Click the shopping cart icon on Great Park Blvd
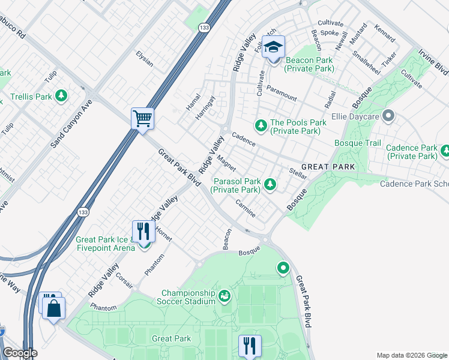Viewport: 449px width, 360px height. [143, 118]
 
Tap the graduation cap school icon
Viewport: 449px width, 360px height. [274, 47]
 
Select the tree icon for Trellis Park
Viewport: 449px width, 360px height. [61, 95]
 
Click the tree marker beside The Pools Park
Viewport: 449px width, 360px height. [261, 124]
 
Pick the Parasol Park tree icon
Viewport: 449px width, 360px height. [270, 184]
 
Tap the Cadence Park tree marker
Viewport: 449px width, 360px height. [445, 150]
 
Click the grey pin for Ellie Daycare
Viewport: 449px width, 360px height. [388, 114]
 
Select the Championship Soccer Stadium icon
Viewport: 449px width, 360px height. [224, 295]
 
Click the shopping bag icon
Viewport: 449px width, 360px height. [53, 308]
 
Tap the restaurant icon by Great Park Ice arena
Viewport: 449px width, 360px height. [143, 230]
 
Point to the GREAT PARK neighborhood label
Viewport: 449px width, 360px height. [328, 166]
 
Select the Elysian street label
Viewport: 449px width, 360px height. [144, 59]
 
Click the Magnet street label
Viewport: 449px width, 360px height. [226, 163]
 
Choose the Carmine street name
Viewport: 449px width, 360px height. [246, 208]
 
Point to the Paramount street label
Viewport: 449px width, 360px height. [282, 94]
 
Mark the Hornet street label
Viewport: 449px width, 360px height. [163, 234]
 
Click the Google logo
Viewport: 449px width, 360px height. [19, 353]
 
